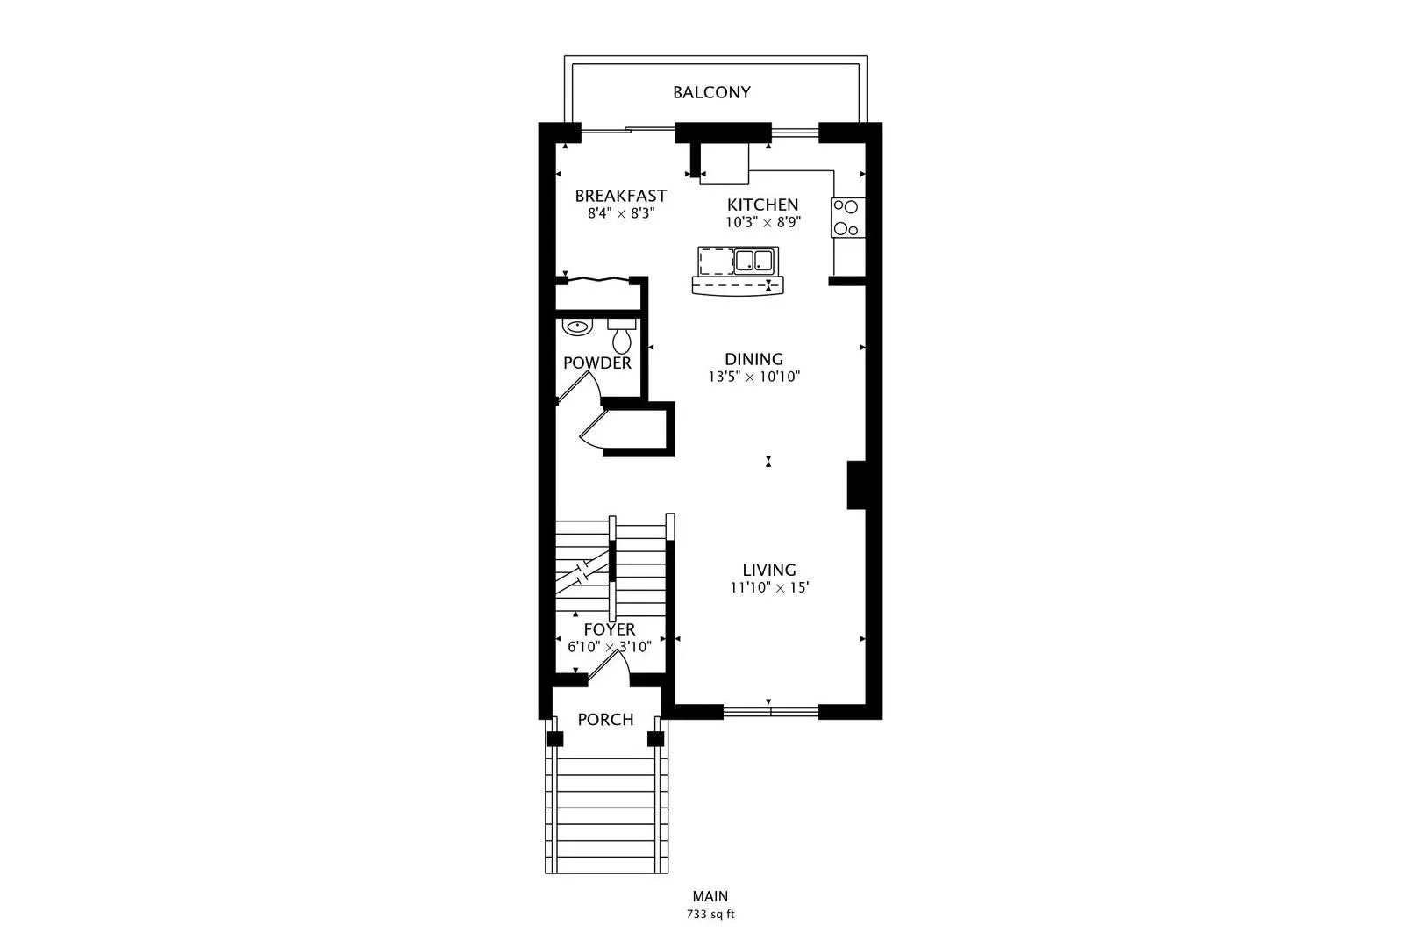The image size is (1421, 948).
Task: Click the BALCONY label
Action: tap(711, 93)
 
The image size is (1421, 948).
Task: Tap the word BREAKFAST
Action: tap(620, 196)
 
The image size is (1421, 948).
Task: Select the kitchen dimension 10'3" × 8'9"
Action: tap(763, 222)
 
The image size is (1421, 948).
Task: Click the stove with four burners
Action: tap(847, 217)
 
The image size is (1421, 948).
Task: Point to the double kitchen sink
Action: tap(753, 261)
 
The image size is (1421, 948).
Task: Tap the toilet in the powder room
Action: tap(622, 335)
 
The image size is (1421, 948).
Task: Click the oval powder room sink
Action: tap(576, 327)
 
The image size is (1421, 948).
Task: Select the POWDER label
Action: tap(597, 363)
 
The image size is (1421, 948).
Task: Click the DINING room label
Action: tap(753, 359)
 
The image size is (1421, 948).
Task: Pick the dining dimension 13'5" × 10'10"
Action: tap(753, 377)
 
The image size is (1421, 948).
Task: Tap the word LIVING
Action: tap(769, 571)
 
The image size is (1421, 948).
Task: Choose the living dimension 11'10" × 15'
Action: tap(769, 587)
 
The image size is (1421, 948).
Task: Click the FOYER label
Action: tap(609, 629)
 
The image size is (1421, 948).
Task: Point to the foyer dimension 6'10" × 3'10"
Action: tap(609, 647)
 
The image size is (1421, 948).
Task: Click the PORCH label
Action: tap(605, 720)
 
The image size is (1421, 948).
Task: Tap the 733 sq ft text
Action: tap(710, 915)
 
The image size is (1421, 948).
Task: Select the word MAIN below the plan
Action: tap(710, 896)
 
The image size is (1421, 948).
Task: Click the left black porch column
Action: tap(555, 738)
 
